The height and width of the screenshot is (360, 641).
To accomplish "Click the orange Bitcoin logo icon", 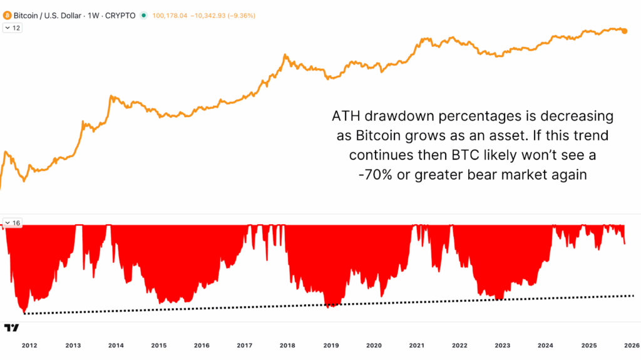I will coord(8,15).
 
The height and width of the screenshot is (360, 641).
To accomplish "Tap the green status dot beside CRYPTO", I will coord(144,15).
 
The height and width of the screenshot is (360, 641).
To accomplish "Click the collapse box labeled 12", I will coord(13,28).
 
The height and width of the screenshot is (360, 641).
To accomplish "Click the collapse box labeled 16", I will coord(13,222).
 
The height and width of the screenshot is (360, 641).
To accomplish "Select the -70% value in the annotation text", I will coord(376,175).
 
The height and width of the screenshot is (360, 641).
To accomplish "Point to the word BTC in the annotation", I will coord(448,155).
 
